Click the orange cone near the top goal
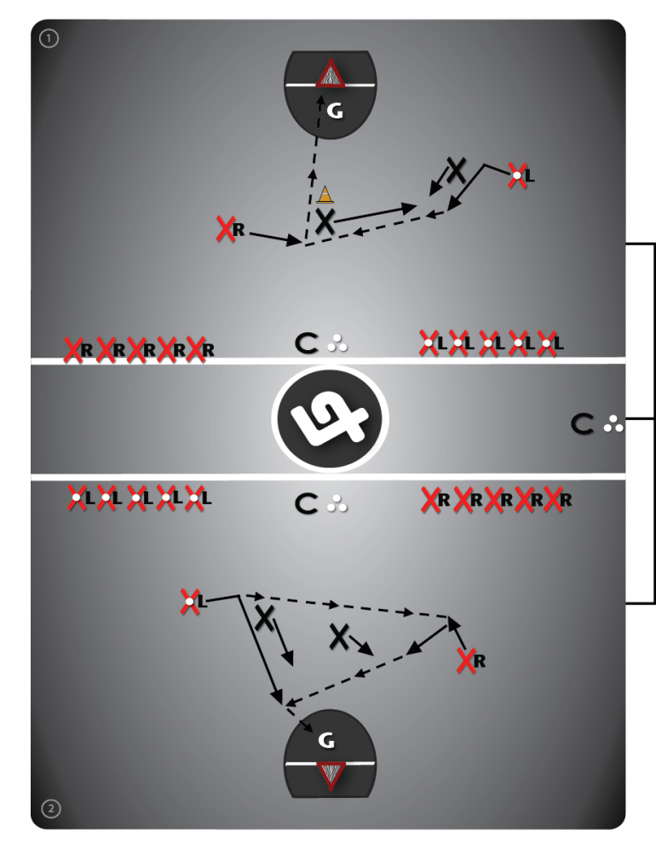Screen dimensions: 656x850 325,194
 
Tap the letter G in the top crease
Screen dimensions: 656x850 336,112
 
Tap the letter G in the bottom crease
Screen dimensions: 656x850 326,740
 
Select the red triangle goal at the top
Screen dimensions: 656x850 331,73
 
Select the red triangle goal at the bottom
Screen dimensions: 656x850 331,775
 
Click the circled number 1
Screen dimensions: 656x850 49,38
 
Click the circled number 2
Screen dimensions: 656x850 51,809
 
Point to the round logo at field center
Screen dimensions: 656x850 331,418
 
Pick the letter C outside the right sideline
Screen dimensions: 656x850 583,423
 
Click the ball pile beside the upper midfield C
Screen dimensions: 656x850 337,343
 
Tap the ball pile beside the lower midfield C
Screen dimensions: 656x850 337,503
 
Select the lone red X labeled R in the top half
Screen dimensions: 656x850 225,229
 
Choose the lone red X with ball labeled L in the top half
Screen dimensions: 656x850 517,175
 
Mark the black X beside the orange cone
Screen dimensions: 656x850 325,221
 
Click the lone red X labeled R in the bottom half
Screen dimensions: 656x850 466,661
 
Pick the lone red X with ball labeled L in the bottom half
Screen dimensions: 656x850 189,601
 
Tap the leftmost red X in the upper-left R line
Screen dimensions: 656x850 72,350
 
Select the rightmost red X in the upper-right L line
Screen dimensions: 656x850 546,343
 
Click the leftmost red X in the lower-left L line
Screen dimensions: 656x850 77,497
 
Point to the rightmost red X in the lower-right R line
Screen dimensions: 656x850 552,499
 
